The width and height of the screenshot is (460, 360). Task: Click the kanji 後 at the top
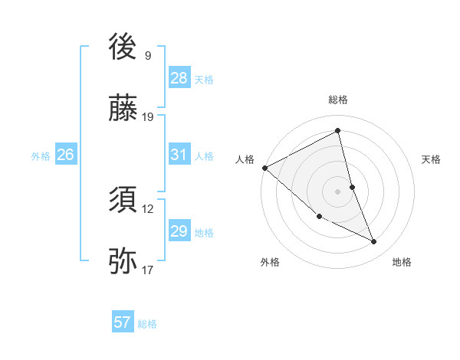(123, 47)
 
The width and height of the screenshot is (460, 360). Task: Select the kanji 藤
(123, 109)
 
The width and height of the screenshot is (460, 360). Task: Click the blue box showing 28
(179, 78)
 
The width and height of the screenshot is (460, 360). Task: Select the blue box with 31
(179, 155)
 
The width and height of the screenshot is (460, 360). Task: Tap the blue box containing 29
(179, 231)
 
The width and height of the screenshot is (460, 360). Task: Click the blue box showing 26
(65, 155)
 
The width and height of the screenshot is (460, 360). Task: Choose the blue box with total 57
(123, 322)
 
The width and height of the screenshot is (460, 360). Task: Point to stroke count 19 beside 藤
(148, 117)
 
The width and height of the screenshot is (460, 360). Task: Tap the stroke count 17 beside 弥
(148, 270)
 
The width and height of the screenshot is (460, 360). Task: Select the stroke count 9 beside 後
(148, 56)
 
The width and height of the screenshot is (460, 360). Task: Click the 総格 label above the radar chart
(338, 100)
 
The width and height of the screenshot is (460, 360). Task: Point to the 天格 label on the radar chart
(432, 159)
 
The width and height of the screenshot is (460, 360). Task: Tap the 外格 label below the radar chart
(270, 263)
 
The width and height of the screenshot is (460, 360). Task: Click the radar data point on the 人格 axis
(264, 168)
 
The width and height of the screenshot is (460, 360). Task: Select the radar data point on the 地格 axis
(374, 242)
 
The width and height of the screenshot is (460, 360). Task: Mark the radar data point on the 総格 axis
(338, 130)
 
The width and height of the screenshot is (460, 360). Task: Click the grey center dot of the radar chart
(338, 191)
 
